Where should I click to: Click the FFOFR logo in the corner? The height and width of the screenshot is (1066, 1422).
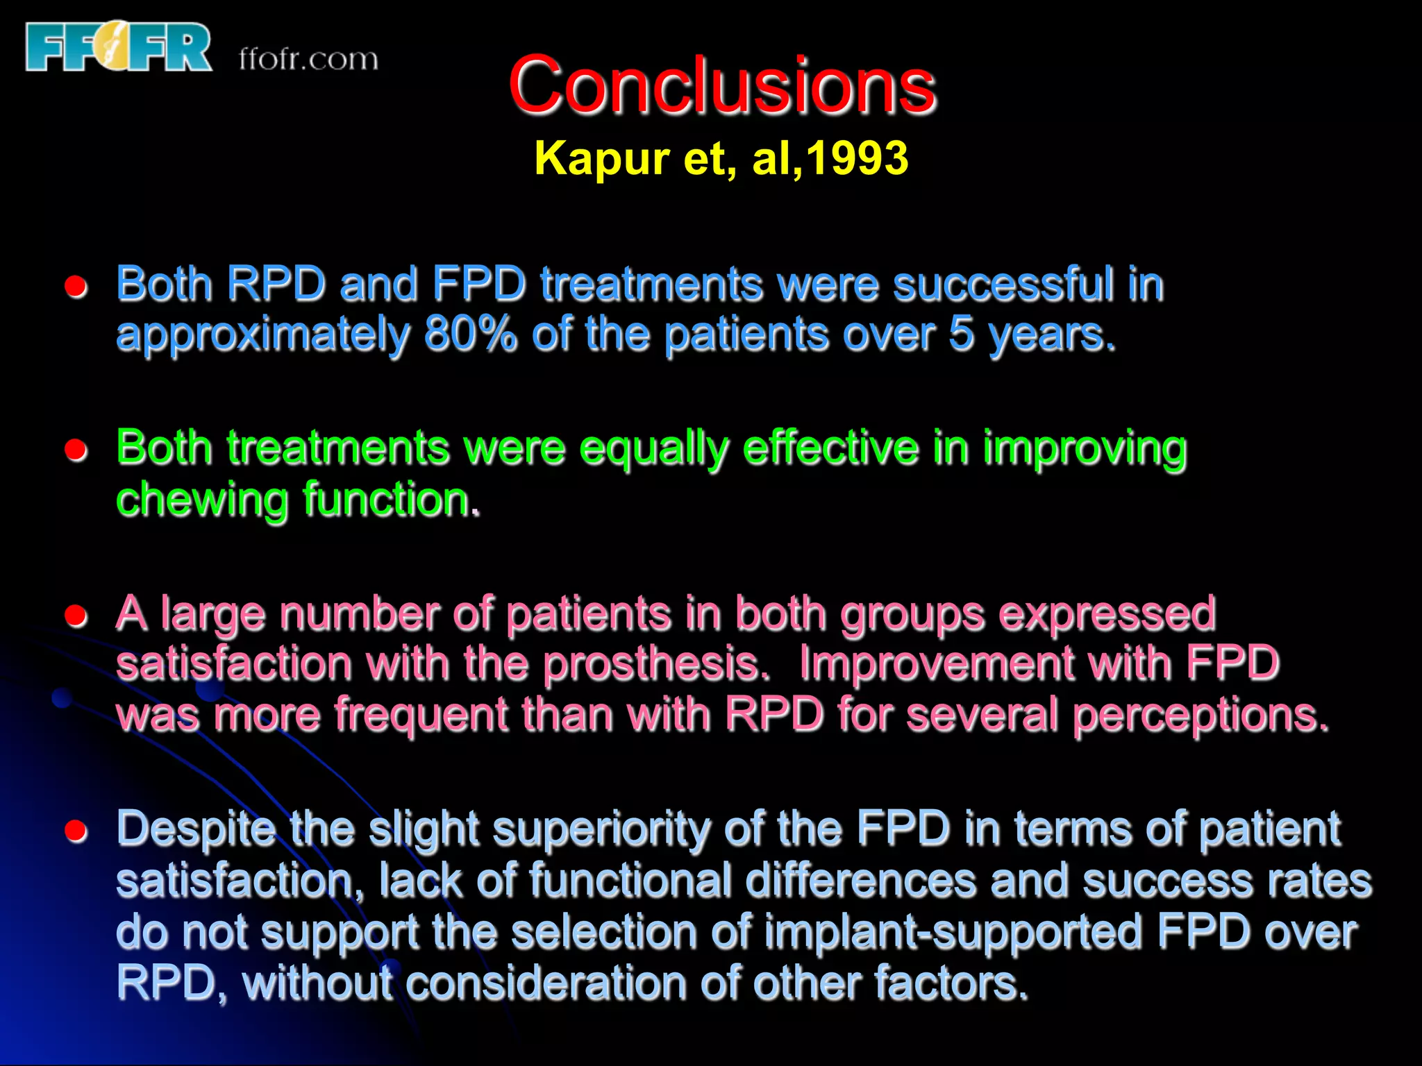[x=118, y=47]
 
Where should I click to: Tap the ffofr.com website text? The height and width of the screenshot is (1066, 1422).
[x=308, y=60]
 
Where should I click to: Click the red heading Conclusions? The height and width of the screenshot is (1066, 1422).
[x=721, y=86]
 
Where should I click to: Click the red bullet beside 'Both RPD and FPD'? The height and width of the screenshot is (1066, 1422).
[x=76, y=287]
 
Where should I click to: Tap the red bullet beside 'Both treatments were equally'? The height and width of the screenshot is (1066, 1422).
[x=76, y=450]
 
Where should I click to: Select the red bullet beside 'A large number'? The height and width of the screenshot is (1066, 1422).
[x=76, y=616]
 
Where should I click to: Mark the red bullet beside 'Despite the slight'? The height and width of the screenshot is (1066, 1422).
[x=76, y=831]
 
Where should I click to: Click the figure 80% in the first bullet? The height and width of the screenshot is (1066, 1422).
[x=471, y=335]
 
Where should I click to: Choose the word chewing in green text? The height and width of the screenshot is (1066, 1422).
[x=201, y=500]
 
